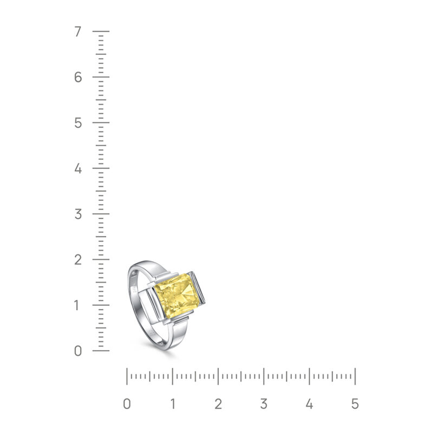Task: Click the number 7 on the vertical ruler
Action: point(78,31)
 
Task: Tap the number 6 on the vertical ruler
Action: point(78,77)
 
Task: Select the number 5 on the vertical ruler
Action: point(78,123)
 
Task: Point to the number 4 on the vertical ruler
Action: point(78,168)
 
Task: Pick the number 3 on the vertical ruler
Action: point(78,214)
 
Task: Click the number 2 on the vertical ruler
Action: point(78,260)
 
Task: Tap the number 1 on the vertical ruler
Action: point(78,305)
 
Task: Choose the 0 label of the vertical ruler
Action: point(78,351)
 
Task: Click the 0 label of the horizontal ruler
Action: point(127,404)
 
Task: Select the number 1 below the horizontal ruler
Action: point(173,404)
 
